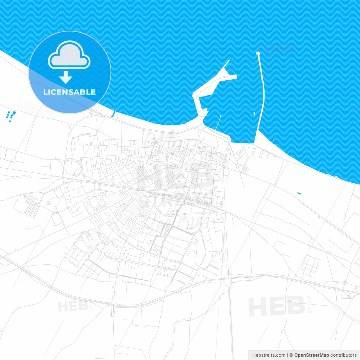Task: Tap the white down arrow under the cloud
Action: (x=66, y=77)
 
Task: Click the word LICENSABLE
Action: (x=69, y=92)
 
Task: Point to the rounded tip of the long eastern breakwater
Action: (x=258, y=53)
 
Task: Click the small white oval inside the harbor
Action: (x=254, y=113)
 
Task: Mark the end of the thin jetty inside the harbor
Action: (x=220, y=116)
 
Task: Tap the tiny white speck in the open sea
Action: (x=251, y=25)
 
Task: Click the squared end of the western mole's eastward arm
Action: (x=236, y=76)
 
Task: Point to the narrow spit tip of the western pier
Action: (x=229, y=60)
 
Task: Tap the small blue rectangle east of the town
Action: (x=299, y=193)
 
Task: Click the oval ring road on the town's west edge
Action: (x=73, y=168)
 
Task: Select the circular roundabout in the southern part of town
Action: (x=120, y=260)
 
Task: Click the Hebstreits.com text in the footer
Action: (x=269, y=355)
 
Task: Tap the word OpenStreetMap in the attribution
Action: (x=312, y=355)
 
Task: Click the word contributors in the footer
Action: (x=343, y=355)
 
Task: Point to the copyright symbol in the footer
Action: (x=291, y=355)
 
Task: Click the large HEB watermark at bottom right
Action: (x=276, y=306)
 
